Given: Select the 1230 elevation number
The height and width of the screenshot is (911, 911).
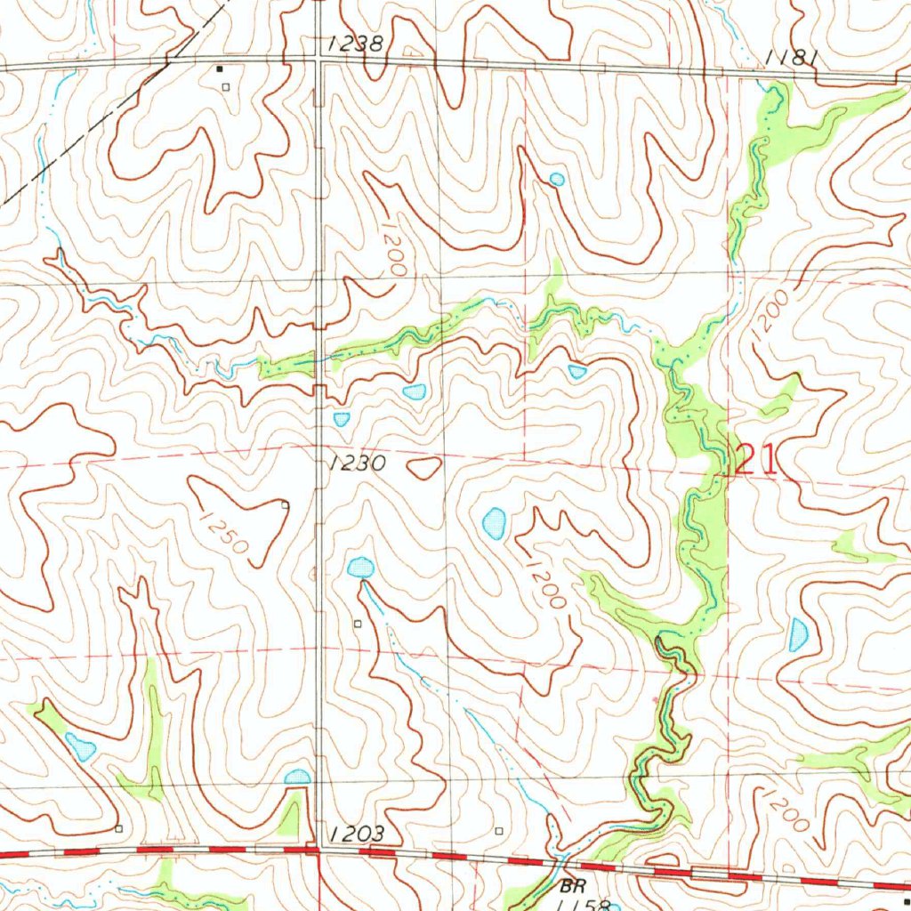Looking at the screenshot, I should click(x=356, y=464).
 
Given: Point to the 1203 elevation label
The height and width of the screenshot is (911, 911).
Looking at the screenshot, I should click(x=356, y=834).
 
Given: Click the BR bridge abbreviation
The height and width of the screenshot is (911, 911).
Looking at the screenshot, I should click(x=569, y=887).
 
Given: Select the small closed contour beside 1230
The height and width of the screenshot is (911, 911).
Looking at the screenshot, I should click(x=425, y=467).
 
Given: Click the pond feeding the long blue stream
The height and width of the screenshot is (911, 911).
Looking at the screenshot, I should click(x=360, y=568).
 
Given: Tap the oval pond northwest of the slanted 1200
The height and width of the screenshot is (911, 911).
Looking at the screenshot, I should click(x=494, y=523).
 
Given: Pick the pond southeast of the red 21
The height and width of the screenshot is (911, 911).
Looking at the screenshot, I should click(x=798, y=634).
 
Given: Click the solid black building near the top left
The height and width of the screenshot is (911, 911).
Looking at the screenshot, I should click(x=220, y=69).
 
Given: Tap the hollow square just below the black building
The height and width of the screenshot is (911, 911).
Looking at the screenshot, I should click(x=226, y=86).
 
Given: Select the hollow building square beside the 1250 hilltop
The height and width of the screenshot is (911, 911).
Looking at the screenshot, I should click(x=285, y=505).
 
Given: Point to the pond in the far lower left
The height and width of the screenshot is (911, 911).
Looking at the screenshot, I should click(x=80, y=747).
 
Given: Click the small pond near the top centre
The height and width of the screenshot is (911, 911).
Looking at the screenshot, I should click(x=556, y=180).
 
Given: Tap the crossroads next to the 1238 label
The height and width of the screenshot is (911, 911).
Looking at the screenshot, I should click(x=320, y=63).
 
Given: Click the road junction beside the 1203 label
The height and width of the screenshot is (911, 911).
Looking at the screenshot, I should click(x=318, y=851).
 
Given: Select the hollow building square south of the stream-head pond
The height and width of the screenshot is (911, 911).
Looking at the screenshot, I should click(x=358, y=625).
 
